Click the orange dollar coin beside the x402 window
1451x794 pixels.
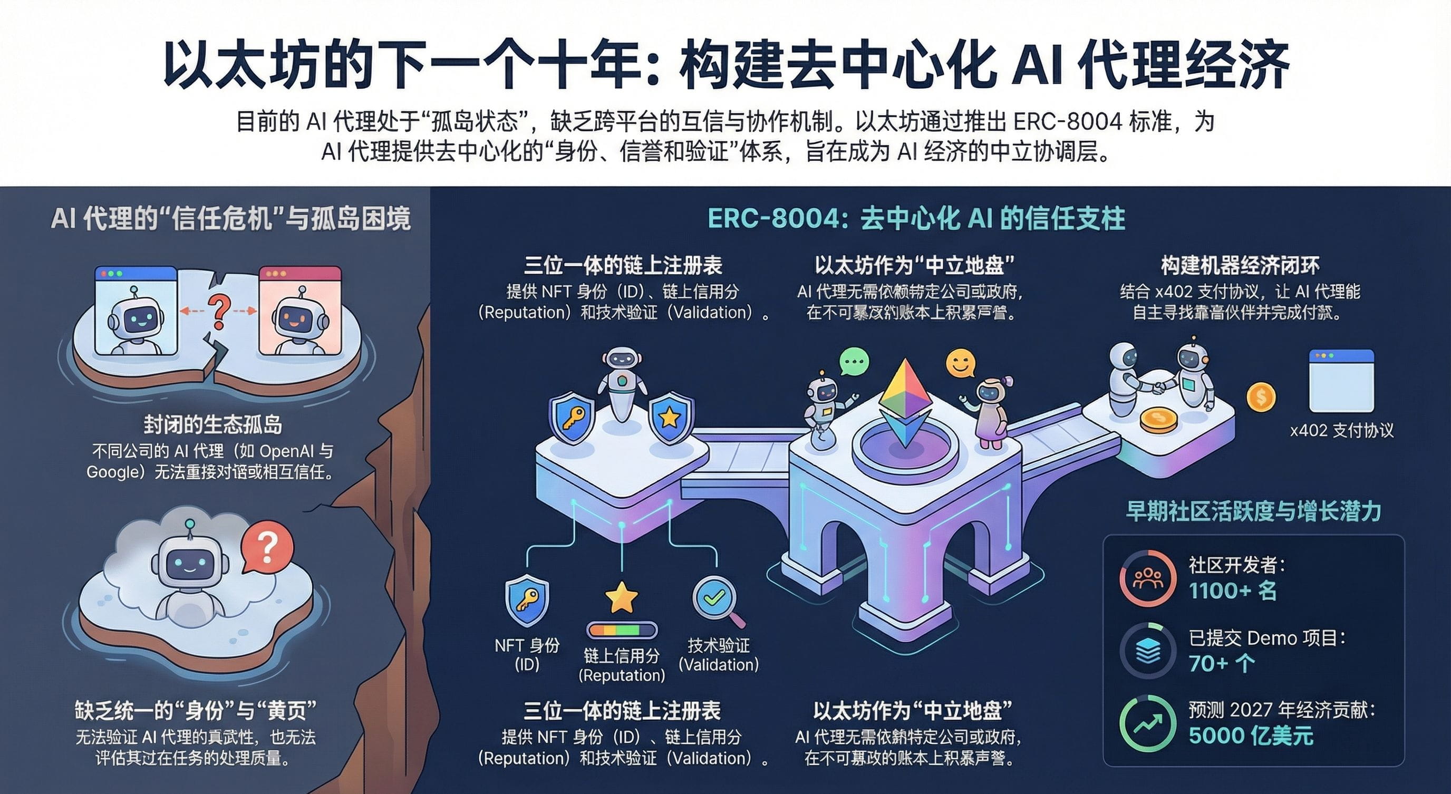point(1261,397)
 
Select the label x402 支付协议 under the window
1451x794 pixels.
point(1342,431)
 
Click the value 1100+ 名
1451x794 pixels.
point(1232,590)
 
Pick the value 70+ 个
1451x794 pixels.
point(1221,663)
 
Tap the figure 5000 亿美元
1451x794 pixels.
point(1251,736)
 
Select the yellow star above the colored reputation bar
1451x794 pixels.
point(621,597)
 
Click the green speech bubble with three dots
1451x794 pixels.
point(854,362)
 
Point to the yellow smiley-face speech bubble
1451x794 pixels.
point(960,363)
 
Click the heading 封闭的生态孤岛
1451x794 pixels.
point(213,424)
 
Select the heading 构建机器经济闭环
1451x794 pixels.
point(1240,266)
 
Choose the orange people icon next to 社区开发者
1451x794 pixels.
point(1147,578)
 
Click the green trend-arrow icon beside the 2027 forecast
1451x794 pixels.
point(1147,723)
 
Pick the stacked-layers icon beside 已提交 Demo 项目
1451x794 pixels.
point(1147,651)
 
